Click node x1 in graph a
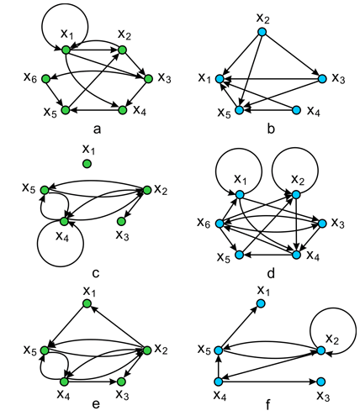coord(66,50)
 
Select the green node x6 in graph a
coord(45,79)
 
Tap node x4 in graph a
coord(123,110)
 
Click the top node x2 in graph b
coord(262,32)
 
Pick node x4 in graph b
coord(296,110)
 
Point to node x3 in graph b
coord(322,79)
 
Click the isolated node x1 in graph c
coord(87,164)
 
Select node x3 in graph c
coord(121,222)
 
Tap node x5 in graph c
coord(45,190)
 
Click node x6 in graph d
coord(220,224)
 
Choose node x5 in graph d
coord(239,255)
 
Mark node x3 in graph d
coord(322,224)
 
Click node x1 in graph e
coord(87,303)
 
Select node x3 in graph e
coord(121,382)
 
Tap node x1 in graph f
coord(261,303)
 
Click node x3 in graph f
coord(321,382)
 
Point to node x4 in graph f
coord(219,382)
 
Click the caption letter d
coord(271,273)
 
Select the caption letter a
coord(97,129)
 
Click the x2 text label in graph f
coord(332,340)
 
